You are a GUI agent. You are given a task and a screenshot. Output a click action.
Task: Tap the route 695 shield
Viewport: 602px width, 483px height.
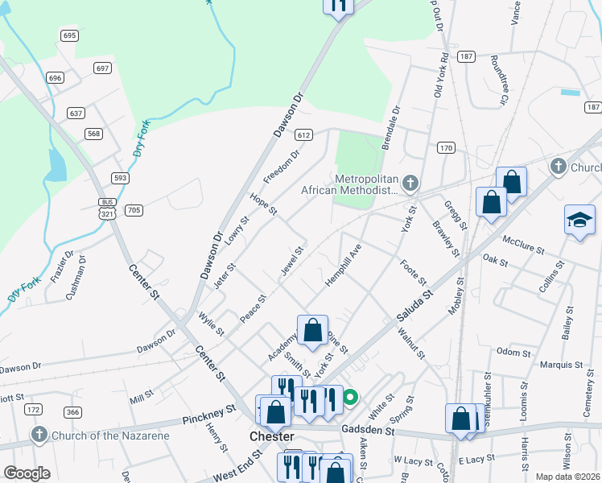68,35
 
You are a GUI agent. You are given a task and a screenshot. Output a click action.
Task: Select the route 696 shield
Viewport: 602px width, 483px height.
55,78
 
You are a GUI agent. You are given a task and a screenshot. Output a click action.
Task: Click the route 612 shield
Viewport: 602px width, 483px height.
303,135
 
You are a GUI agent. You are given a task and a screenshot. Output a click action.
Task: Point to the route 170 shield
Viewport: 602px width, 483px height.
447,148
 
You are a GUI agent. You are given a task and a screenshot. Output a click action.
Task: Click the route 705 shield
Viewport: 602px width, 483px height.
134,211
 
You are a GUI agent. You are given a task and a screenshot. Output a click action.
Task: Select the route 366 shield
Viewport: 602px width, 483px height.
72,412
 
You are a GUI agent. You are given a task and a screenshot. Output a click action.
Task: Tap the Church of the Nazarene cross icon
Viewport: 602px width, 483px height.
39,436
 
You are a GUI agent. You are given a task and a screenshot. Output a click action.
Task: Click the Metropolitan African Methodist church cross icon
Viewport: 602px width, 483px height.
410,184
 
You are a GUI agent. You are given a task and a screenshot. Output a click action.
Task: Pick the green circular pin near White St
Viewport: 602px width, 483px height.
350,397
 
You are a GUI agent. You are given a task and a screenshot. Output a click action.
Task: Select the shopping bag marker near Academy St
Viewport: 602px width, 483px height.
312,330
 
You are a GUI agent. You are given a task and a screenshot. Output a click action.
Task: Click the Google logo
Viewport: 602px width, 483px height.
27,473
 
